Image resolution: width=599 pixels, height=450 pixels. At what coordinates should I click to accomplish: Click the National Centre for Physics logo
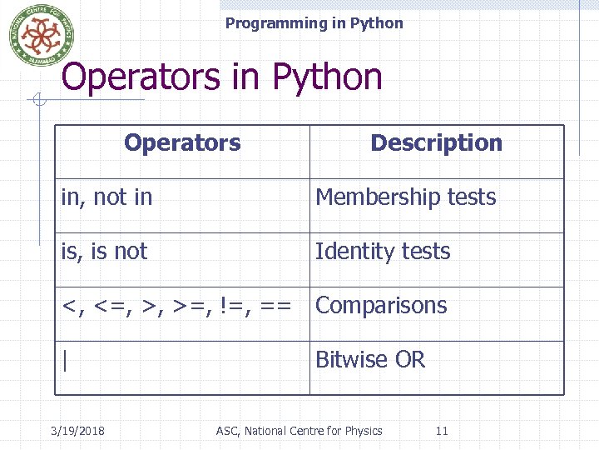coord(42,33)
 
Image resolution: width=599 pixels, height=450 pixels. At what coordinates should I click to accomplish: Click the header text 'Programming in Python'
coord(314,23)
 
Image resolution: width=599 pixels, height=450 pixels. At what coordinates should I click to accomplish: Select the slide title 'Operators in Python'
coord(221,77)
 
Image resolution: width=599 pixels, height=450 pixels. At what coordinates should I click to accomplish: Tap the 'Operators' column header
coord(182,142)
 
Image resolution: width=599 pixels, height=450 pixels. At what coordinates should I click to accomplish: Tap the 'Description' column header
coord(436,142)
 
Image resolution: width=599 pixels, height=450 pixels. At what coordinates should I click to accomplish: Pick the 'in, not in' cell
coord(106,197)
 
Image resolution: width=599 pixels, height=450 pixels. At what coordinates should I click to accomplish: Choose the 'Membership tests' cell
coord(405,197)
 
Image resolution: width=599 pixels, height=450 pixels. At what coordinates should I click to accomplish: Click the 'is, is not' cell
coord(104,252)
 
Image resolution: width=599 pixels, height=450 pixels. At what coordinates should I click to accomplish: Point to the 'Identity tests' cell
coord(383,252)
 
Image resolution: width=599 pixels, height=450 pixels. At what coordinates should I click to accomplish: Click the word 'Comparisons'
coord(381,306)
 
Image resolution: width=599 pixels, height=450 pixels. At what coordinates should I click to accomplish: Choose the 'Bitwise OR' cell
coord(370,360)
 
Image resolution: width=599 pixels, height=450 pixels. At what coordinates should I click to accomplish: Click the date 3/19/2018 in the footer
coord(77,431)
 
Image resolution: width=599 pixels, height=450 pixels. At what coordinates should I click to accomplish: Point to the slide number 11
coord(442,431)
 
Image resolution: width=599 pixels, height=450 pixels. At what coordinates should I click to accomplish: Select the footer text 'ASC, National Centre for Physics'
coord(299,431)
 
